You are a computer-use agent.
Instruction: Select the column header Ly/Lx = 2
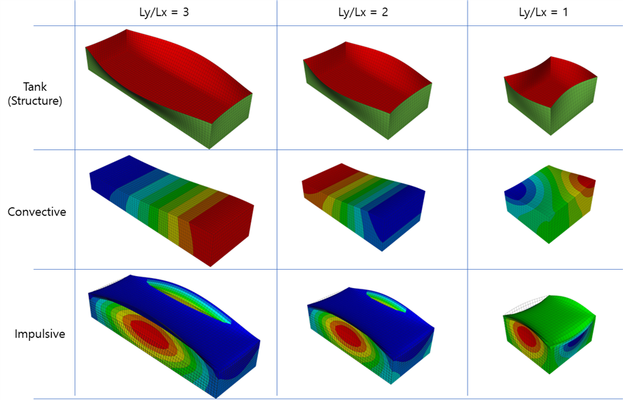(x=363, y=12)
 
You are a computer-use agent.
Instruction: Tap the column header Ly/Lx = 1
(x=544, y=12)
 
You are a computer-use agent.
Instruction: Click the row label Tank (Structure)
(x=35, y=94)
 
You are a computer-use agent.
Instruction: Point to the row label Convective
(x=37, y=211)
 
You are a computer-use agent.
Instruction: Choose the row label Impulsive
(x=39, y=334)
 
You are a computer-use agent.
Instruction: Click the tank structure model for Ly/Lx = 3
(x=169, y=88)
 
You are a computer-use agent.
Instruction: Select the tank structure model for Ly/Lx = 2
(x=368, y=90)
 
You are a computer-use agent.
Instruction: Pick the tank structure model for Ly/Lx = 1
(x=551, y=96)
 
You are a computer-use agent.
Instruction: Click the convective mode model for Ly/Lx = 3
(x=172, y=211)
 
